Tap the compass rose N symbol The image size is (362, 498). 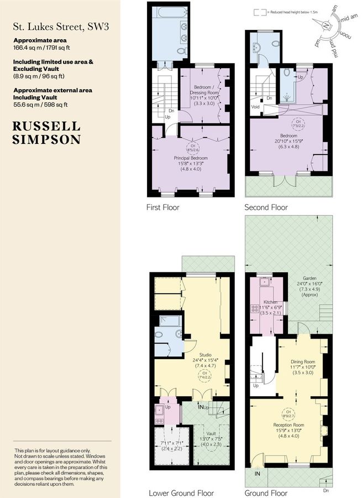(x=327, y=25)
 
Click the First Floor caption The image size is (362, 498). (x=163, y=207)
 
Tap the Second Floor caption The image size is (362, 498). (x=266, y=207)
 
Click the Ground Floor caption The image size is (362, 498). (x=266, y=492)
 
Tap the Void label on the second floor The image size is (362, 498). (x=255, y=108)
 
